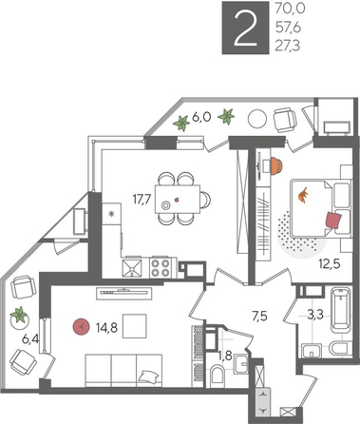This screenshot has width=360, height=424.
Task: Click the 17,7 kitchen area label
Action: coord(142,199)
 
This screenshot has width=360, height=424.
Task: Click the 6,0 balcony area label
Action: coord(201,118)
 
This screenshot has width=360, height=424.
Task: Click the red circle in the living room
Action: coord(82,327)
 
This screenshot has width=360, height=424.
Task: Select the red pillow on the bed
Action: coord(332,220)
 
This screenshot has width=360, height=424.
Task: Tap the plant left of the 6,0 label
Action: coord(180,121)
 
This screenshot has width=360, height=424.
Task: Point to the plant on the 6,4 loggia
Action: coord(18,314)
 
